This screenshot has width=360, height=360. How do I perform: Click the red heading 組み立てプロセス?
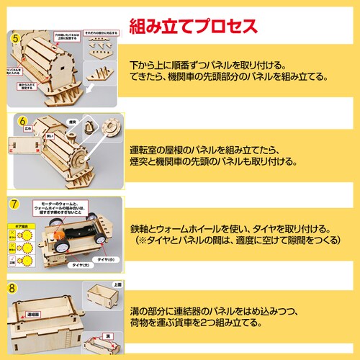pos(192,27)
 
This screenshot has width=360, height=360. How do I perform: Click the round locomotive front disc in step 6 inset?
pos(112,128)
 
